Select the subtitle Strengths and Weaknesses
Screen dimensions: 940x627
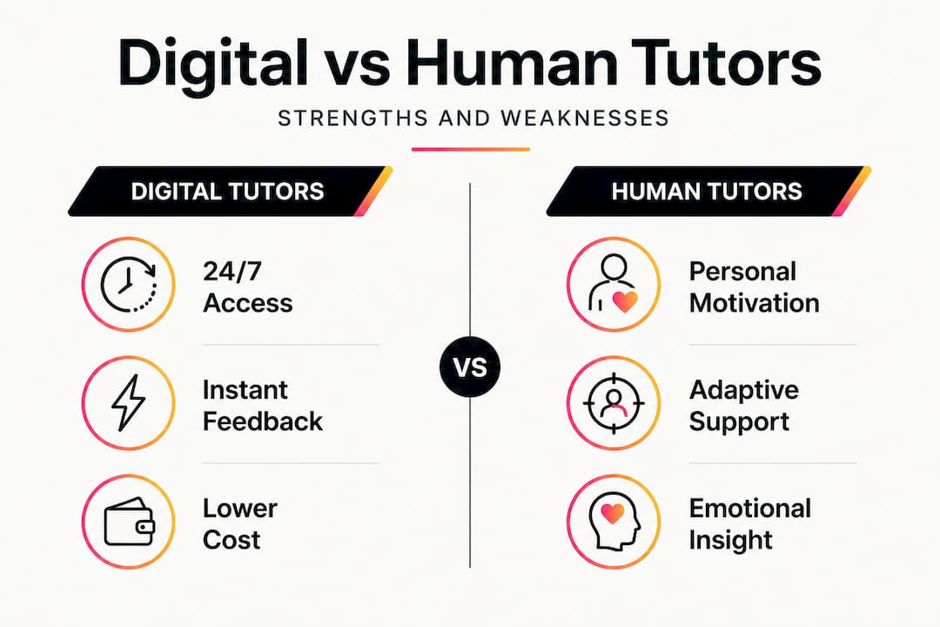coord(473,118)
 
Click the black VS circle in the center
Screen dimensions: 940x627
coord(470,367)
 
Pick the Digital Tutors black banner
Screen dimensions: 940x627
coord(230,192)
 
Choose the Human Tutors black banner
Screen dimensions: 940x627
coord(708,192)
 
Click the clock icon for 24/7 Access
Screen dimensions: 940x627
coord(128,285)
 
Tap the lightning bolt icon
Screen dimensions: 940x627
coord(129,402)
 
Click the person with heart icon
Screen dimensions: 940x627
coord(613,283)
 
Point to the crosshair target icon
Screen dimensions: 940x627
coord(614,402)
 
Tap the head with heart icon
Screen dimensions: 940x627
coord(614,522)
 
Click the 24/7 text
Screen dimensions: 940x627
coord(232,271)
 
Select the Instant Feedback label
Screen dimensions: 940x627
coord(263,406)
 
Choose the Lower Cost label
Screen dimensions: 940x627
coord(240,524)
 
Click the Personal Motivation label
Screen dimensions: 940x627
coord(754,287)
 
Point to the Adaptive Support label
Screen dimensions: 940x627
coord(744,406)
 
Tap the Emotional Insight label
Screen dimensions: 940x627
coord(750,524)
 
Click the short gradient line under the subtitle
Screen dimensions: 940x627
coord(471,150)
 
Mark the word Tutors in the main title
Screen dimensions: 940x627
coord(726,64)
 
